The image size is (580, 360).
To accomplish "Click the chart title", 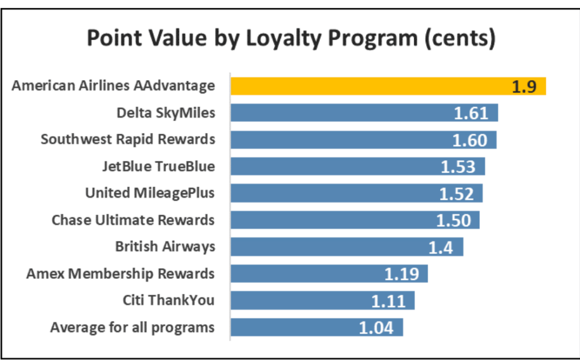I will tap(290, 39).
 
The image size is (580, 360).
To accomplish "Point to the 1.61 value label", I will tap(471, 113).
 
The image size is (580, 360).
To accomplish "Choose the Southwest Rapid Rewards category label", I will tap(128, 139).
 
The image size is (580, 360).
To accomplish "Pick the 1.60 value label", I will tap(469, 140).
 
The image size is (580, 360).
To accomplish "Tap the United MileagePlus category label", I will tap(150, 193).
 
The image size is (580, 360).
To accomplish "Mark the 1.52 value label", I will tap(456, 193).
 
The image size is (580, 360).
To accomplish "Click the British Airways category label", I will tap(165, 246).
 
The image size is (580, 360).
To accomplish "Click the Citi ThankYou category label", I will tap(168, 300).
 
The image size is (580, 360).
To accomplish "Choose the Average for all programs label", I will tap(132, 327).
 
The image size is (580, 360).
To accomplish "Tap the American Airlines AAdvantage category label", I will tap(113, 86).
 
